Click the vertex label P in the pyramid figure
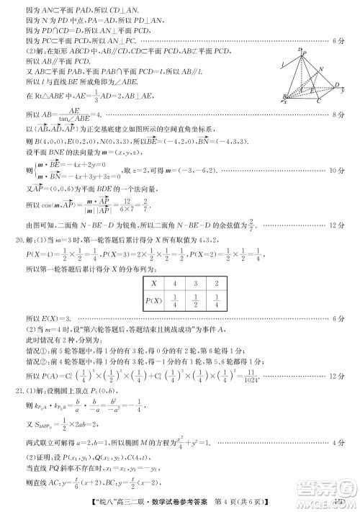(x=305, y=52)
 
